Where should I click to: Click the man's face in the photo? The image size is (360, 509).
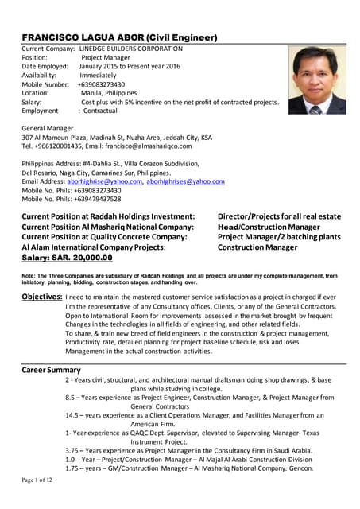coord(315,74)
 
